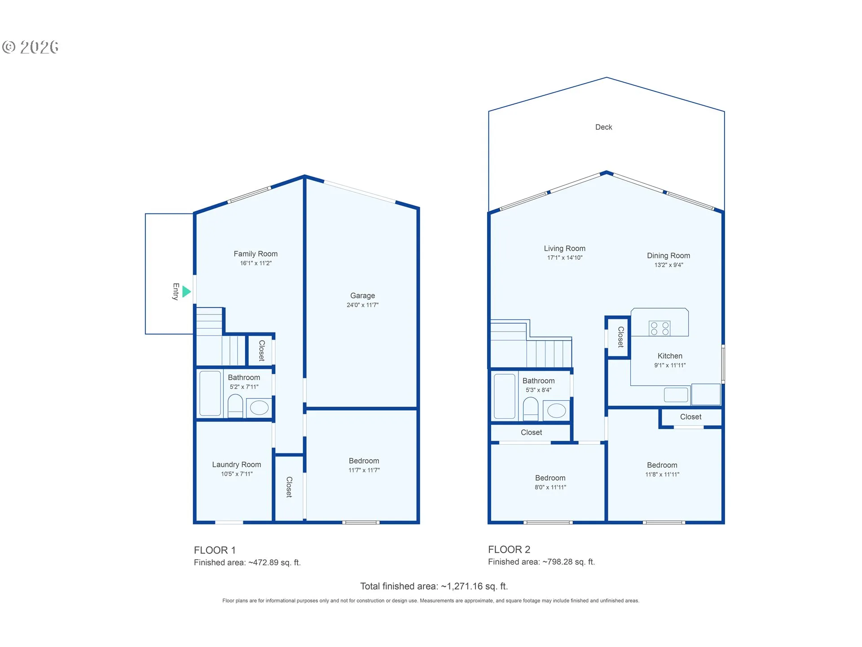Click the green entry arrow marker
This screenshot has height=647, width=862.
(186, 292)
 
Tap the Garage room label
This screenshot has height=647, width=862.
(362, 296)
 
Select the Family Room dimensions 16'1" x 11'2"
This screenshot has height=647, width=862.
(255, 263)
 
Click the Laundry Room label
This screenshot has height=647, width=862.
(236, 465)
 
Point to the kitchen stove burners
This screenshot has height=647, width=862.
(660, 328)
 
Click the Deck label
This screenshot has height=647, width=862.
(603, 127)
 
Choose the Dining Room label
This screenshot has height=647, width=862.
(668, 256)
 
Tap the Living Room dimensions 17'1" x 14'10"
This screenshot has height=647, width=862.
(564, 258)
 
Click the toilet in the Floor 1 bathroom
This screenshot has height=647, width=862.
(235, 406)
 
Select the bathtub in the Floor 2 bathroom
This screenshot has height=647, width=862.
(504, 396)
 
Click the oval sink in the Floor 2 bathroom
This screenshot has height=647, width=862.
(556, 411)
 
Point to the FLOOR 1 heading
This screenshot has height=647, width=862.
(215, 550)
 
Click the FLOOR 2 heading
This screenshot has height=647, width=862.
(509, 550)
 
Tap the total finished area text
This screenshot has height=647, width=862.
(434, 586)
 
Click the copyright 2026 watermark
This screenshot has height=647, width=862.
(31, 47)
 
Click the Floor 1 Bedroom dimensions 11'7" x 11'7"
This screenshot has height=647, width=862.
(364, 470)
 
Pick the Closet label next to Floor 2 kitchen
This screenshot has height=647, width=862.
(621, 337)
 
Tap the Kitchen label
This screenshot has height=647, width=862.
(670, 356)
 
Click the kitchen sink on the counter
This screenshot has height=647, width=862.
(676, 395)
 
